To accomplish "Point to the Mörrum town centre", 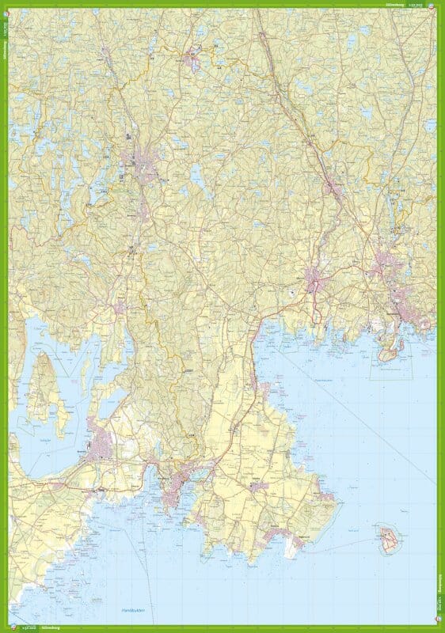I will (x=314, y=280).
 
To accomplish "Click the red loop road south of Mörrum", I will (x=318, y=312).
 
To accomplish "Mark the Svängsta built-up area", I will (x=333, y=189).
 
